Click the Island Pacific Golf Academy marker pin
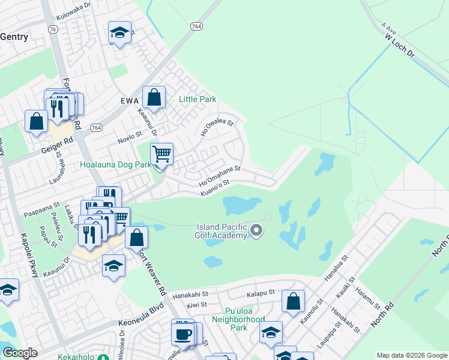coord(257,230)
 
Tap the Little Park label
coord(197,99)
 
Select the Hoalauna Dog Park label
coord(116,164)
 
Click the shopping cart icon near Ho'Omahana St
coord(161,154)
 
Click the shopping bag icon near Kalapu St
coord(294,301)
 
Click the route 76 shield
coord(53,29)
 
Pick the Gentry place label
coord(14,37)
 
